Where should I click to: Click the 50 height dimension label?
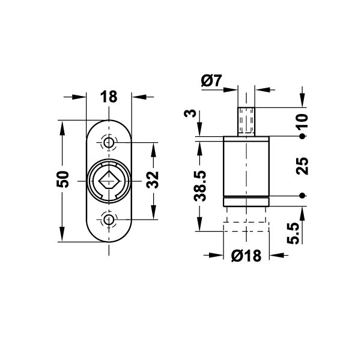62,179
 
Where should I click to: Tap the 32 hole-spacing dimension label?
153,180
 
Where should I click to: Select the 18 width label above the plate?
109,97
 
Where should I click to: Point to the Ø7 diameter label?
211,80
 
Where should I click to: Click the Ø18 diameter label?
246,256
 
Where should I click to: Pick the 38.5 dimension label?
199,186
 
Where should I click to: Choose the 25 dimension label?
302,166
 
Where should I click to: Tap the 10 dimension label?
302,121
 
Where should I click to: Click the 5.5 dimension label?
293,233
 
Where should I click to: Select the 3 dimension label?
190,113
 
